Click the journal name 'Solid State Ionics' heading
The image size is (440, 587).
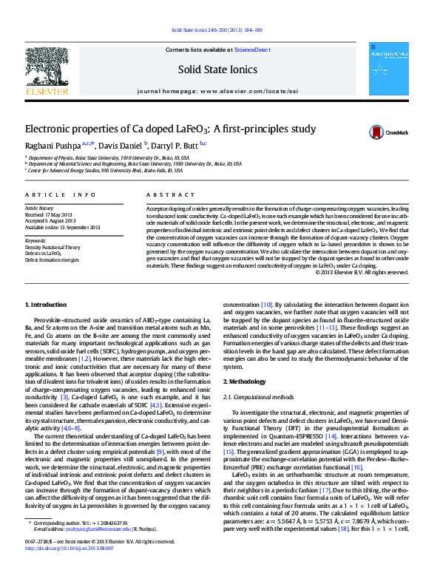(217, 69)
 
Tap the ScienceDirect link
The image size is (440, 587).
(251, 50)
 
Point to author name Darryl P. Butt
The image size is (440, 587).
(175, 145)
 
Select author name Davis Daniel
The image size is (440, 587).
(119, 145)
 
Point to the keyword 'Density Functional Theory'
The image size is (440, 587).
(53, 248)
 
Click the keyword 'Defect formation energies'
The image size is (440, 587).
(52, 260)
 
